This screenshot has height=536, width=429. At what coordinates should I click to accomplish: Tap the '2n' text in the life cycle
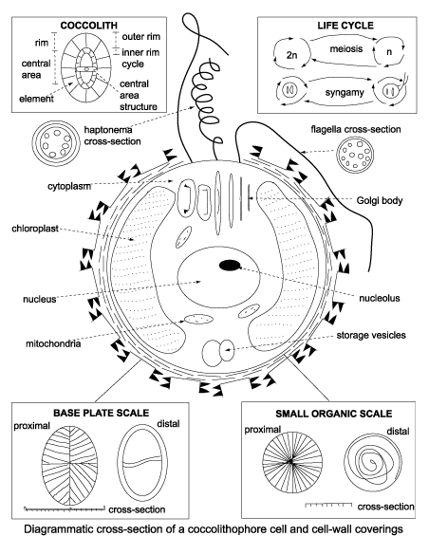291,58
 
